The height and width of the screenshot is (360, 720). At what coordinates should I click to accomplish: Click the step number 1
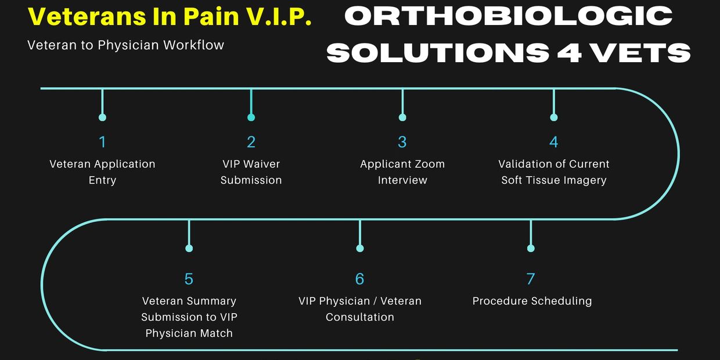[x=103, y=142]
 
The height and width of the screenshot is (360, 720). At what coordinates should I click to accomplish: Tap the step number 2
[x=251, y=142]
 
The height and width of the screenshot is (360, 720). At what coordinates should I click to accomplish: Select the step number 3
[x=402, y=142]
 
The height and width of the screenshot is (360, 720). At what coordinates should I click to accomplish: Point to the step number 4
[x=553, y=142]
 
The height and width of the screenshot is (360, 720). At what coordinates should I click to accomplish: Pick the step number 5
[x=189, y=279]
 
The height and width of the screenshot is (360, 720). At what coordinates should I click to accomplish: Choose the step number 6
[x=359, y=279]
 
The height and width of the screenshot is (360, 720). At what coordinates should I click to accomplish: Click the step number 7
[x=531, y=279]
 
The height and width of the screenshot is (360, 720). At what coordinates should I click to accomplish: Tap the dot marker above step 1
[x=103, y=117]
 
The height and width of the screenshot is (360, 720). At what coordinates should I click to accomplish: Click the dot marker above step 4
[x=554, y=117]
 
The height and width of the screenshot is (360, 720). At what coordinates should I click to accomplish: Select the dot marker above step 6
[x=360, y=248]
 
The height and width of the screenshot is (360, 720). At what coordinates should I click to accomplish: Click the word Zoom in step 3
[x=430, y=164]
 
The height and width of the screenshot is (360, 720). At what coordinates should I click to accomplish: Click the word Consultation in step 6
[x=359, y=317]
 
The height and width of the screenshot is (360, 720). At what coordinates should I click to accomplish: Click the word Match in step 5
[x=217, y=333]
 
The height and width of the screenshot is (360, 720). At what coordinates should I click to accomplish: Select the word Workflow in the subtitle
[x=193, y=45]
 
